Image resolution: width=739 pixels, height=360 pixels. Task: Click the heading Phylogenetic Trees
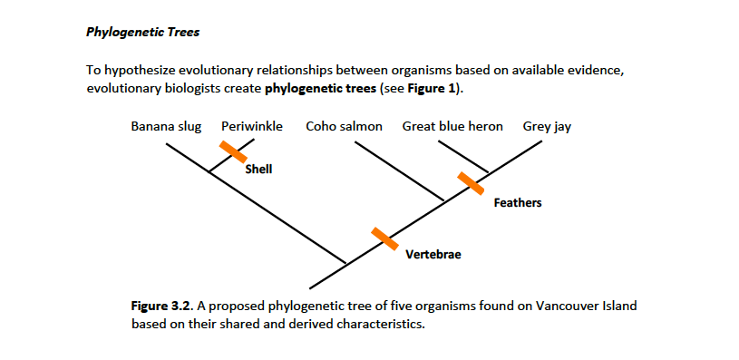click(142, 32)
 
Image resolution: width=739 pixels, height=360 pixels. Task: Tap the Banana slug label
click(166, 126)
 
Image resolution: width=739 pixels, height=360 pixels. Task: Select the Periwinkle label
click(252, 126)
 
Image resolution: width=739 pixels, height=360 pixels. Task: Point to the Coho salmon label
click(344, 126)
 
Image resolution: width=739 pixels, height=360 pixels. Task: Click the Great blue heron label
click(452, 126)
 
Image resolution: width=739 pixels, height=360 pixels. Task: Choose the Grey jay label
click(547, 126)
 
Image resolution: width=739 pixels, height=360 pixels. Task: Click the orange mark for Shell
click(233, 153)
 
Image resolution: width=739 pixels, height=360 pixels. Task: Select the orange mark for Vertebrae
click(385, 238)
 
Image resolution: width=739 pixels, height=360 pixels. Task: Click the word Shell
click(259, 169)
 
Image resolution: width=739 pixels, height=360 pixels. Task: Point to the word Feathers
click(518, 202)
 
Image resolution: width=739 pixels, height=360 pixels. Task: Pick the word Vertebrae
click(433, 254)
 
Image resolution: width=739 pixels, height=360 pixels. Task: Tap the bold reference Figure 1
click(434, 88)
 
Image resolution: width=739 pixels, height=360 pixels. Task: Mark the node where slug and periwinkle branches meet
click(209, 171)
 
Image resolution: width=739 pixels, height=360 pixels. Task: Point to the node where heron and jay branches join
click(489, 172)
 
